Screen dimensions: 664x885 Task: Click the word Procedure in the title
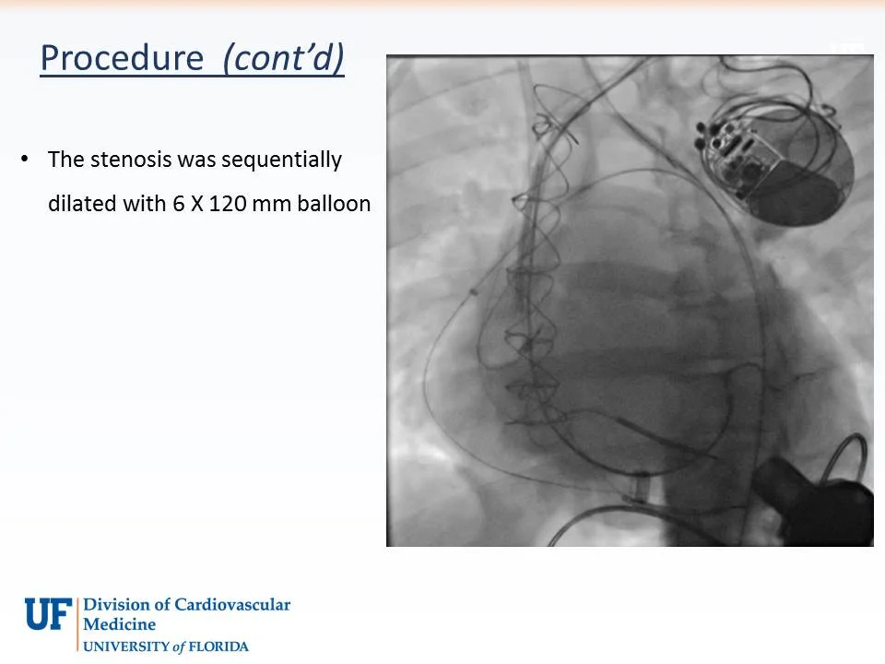click(x=122, y=58)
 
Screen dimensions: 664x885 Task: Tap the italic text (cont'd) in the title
click(x=284, y=58)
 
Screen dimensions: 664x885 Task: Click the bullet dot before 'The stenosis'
click(x=25, y=160)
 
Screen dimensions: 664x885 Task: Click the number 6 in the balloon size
click(x=178, y=204)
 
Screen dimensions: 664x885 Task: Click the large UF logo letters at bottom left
click(x=48, y=613)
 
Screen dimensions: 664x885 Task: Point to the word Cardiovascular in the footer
click(x=236, y=606)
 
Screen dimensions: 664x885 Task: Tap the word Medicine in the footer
click(x=120, y=625)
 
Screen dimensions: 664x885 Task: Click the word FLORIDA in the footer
click(x=218, y=646)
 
